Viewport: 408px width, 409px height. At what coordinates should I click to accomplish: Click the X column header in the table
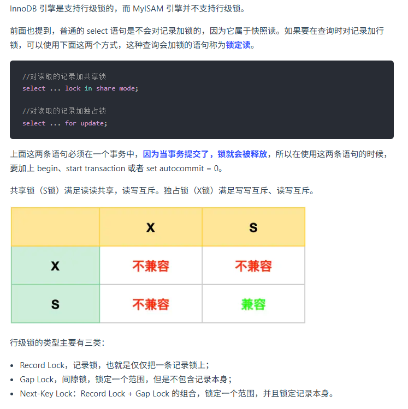[x=151, y=227]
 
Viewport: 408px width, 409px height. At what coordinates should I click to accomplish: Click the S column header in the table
[x=253, y=227]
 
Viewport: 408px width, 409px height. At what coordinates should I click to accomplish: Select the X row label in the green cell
[x=55, y=266]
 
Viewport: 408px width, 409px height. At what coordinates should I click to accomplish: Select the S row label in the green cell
[x=55, y=304]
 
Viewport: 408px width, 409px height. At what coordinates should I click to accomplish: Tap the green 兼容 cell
[x=253, y=304]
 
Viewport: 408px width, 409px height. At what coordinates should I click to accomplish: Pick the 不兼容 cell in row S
[x=151, y=304]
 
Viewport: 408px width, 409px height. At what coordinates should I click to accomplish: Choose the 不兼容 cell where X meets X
[x=151, y=266]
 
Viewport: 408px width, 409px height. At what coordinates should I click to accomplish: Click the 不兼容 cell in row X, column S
[x=253, y=266]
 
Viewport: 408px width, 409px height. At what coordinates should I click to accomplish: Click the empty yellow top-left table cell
[x=55, y=227]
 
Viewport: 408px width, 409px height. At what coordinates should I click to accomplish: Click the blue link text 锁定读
[x=238, y=45]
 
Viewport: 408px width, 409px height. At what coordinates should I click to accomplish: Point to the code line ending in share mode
[x=80, y=88]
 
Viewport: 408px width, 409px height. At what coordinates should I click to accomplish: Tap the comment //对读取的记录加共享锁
[x=64, y=77]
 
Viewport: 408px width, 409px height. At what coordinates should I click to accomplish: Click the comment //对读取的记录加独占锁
[x=64, y=111]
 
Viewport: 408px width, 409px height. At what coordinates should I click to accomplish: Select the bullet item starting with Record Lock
[x=114, y=365]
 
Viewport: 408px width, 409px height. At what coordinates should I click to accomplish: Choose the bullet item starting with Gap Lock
[x=126, y=379]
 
